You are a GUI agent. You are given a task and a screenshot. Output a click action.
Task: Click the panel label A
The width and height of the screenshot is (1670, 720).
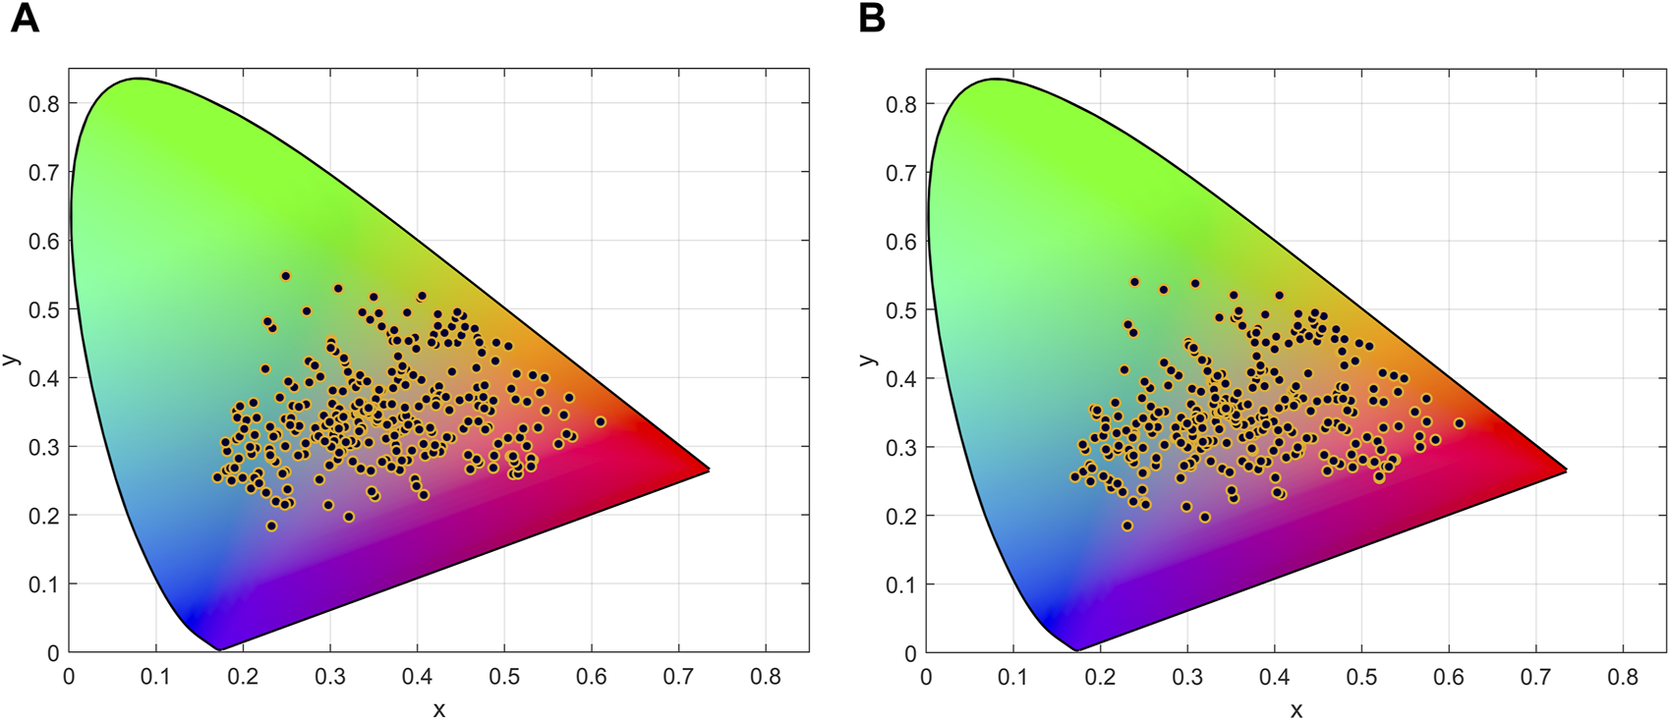(x=25, y=20)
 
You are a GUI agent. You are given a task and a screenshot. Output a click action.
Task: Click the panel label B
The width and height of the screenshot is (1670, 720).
(x=871, y=20)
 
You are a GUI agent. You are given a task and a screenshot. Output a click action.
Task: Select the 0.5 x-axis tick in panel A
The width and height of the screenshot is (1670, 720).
(x=504, y=678)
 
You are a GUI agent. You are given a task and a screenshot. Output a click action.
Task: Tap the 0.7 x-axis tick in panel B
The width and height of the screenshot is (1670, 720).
(x=1536, y=678)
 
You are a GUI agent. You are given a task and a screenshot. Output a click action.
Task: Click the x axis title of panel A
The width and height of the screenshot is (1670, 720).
(x=438, y=709)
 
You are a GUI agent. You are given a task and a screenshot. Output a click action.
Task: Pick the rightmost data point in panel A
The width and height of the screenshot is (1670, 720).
(x=601, y=422)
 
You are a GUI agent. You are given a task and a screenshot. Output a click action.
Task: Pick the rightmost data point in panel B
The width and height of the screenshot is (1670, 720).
(x=1460, y=424)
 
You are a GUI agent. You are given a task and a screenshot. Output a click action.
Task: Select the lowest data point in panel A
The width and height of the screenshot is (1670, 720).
(x=272, y=526)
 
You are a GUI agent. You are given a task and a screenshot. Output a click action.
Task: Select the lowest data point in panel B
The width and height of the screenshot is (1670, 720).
(x=1127, y=526)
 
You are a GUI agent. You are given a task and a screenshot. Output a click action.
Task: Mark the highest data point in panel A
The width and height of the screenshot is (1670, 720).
(x=286, y=277)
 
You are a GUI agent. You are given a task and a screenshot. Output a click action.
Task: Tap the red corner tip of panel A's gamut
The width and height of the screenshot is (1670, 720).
(x=708, y=470)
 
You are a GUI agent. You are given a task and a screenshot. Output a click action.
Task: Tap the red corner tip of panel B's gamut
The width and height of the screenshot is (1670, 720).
(x=1565, y=470)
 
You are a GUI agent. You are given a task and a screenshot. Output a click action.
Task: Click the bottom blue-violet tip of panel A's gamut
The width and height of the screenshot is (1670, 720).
(x=218, y=649)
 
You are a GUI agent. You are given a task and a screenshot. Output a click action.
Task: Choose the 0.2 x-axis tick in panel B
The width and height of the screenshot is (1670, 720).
(x=1100, y=678)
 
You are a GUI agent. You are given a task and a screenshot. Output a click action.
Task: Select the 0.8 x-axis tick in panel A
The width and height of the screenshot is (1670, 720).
(x=766, y=678)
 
